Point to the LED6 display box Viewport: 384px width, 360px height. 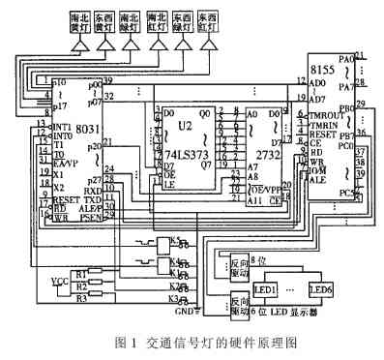pos(321,289)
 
